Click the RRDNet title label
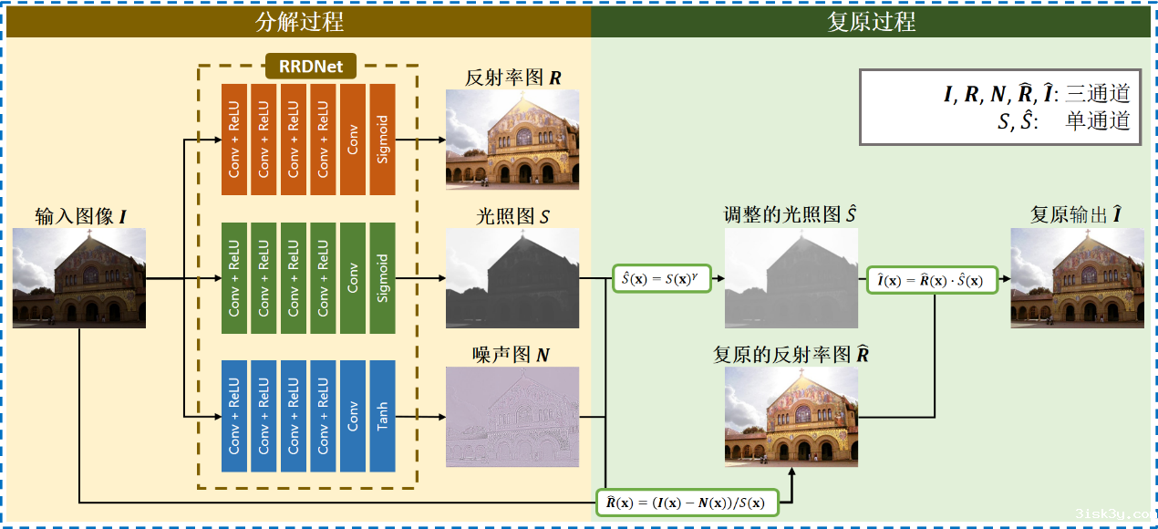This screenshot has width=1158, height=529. tap(310, 66)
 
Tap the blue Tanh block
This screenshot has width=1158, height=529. tap(382, 416)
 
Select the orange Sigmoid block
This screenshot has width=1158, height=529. tap(382, 139)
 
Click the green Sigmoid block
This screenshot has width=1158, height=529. tap(382, 277)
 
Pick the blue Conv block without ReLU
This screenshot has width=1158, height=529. tap(353, 416)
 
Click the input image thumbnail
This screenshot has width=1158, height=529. tap(79, 277)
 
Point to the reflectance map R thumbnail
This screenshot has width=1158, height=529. tap(512, 139)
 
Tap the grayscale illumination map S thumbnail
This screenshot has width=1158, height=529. tap(512, 277)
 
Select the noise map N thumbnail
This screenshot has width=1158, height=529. tap(512, 416)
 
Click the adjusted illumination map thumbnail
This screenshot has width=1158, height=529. tap(791, 277)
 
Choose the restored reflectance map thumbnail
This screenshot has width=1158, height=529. tap(791, 416)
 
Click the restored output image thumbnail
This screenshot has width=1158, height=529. tap(1077, 277)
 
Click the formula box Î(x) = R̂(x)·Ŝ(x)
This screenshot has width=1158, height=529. tap(931, 279)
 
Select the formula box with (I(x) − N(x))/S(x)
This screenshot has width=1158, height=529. tap(688, 503)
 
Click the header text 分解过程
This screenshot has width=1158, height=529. tap(300, 22)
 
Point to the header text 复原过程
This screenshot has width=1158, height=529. tap(872, 22)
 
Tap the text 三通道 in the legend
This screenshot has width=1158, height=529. tap(1098, 93)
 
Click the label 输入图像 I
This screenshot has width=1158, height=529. tap(79, 216)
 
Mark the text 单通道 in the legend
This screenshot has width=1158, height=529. tap(1098, 121)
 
